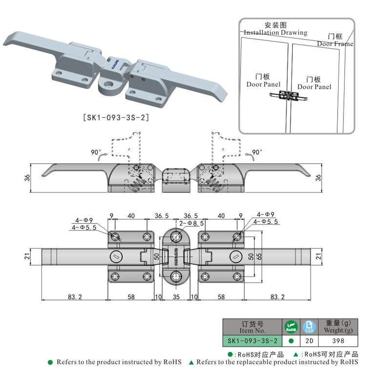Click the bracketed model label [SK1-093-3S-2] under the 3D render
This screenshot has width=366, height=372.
pyautogui.click(x=115, y=117)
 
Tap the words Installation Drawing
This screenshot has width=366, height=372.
pyautogui.click(x=275, y=33)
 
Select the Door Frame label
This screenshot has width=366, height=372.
pyautogui.click(x=335, y=43)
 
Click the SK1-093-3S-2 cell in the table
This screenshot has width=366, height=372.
pyautogui.click(x=253, y=340)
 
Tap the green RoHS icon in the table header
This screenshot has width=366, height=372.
pyautogui.click(x=291, y=326)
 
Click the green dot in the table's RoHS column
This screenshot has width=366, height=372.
pyautogui.click(x=291, y=340)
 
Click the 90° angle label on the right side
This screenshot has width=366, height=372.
pyautogui.click(x=257, y=152)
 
